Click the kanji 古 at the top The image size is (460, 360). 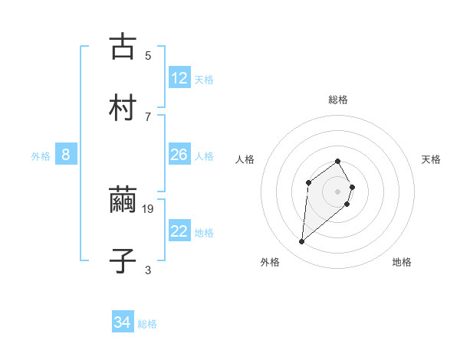(x=123, y=47)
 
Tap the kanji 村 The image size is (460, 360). (x=123, y=108)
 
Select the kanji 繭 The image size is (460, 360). (x=123, y=201)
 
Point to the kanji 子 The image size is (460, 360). (x=123, y=261)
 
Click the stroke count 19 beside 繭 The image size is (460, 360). (x=149, y=208)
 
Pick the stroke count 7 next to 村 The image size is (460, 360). (x=148, y=116)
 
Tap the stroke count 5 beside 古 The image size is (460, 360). (x=148, y=55)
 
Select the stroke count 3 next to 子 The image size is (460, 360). (x=148, y=270)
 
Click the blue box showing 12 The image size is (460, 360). (x=179, y=77)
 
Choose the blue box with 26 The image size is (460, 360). (x=179, y=155)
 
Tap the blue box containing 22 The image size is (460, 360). (x=179, y=231)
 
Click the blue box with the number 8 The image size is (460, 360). (x=66, y=155)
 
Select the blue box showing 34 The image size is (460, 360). (x=123, y=322)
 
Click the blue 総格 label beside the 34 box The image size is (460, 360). (x=147, y=324)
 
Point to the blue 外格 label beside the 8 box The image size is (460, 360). (x=41, y=156)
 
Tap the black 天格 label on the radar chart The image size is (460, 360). (x=431, y=159)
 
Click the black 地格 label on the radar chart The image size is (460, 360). (x=402, y=262)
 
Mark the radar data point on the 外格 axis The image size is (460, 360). (x=301, y=242)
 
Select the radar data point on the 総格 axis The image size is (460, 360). (x=338, y=161)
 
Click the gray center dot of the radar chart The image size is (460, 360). (x=338, y=191)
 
